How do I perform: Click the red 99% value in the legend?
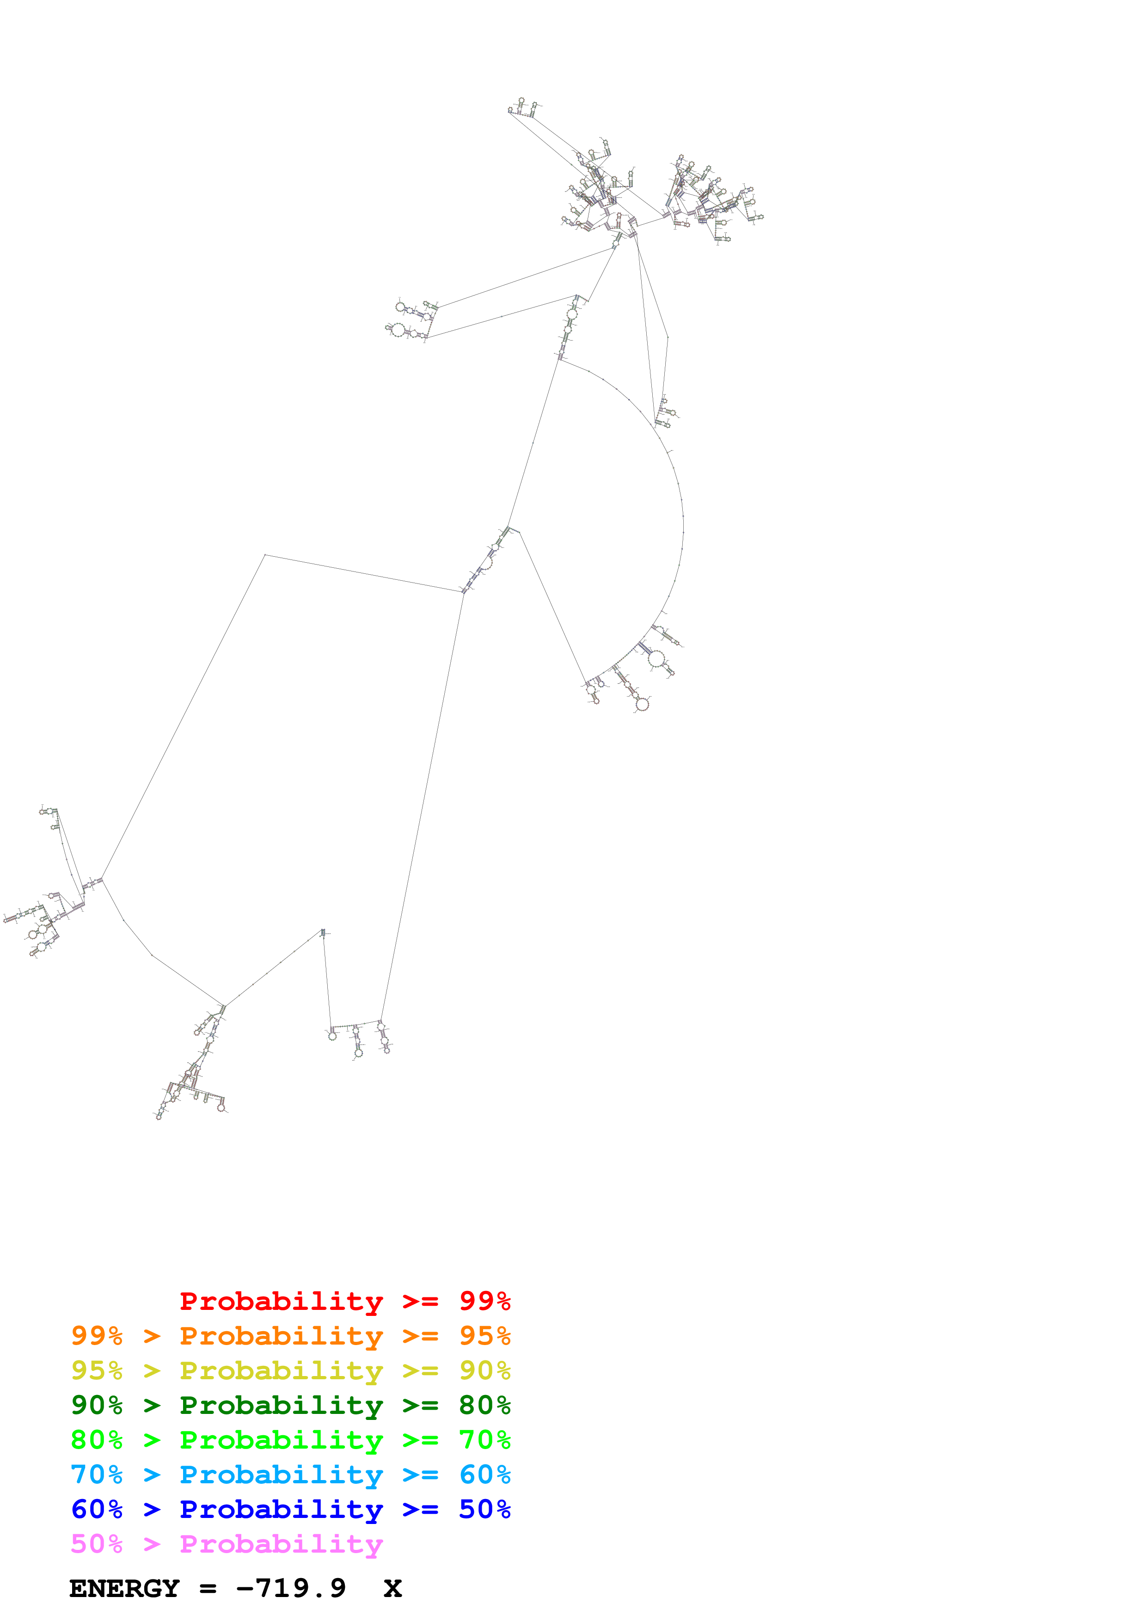pos(484,1301)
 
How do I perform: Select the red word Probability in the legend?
pos(281,1301)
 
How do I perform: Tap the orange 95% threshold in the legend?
pos(484,1335)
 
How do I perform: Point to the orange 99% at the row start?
pos(97,1335)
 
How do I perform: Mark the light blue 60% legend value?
pos(484,1475)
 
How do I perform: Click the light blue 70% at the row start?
pos(97,1475)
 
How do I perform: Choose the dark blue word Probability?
pos(281,1509)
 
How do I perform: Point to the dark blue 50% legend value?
pos(484,1509)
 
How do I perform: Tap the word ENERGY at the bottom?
pos(124,1588)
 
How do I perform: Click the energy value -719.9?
pos(291,1588)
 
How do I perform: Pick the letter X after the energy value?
pos(392,1588)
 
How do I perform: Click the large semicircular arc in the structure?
pos(682,523)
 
